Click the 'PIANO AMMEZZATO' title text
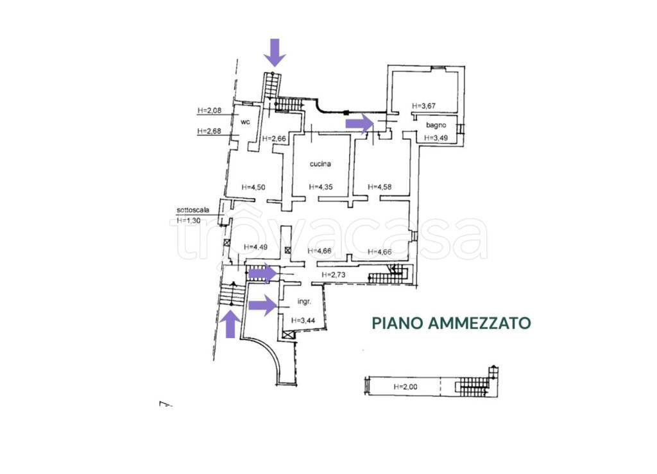pos(452,323)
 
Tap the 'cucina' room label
pos(320,164)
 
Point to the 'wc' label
pos(245,121)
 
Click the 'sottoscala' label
pos(193,210)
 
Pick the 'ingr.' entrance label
pos(304,301)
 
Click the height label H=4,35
pos(320,187)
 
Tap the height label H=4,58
pos(379,187)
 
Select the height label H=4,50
pos(253,187)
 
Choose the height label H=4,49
pos(255,247)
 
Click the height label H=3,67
pos(423,106)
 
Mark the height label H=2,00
pos(406,387)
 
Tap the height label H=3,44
pos(303,320)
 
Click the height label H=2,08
pos(209,110)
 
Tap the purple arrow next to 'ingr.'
pos(262,305)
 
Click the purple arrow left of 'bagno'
pos(359,123)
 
